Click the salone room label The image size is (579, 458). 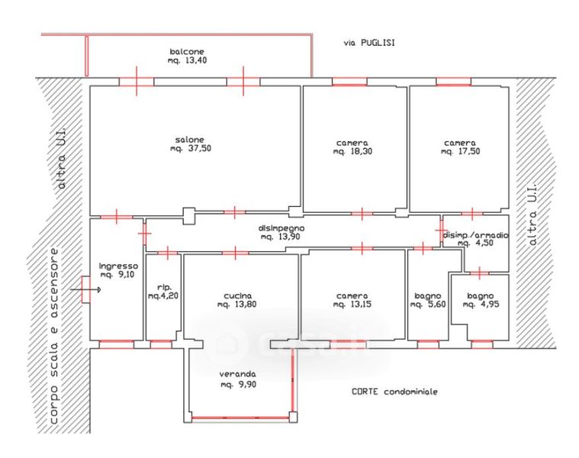[189, 140]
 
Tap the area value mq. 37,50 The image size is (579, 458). [191, 149]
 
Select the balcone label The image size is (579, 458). [187, 52]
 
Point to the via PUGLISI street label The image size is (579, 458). [369, 43]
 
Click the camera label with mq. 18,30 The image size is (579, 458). [352, 143]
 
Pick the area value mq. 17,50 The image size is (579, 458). [460, 151]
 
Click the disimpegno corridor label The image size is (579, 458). [281, 229]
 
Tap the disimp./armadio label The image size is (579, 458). [475, 235]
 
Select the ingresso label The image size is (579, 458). [118, 266]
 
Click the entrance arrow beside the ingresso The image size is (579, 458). [85, 290]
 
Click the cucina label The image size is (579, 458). [238, 296]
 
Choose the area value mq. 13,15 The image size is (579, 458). [352, 305]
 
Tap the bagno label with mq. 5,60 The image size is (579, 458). [428, 296]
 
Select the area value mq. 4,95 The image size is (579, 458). [481, 305]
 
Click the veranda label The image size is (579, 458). [237, 374]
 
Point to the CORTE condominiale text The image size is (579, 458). [394, 392]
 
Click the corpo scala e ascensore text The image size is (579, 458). [54, 336]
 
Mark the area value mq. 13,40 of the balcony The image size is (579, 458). [187, 60]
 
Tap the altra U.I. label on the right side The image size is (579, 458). [532, 214]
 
